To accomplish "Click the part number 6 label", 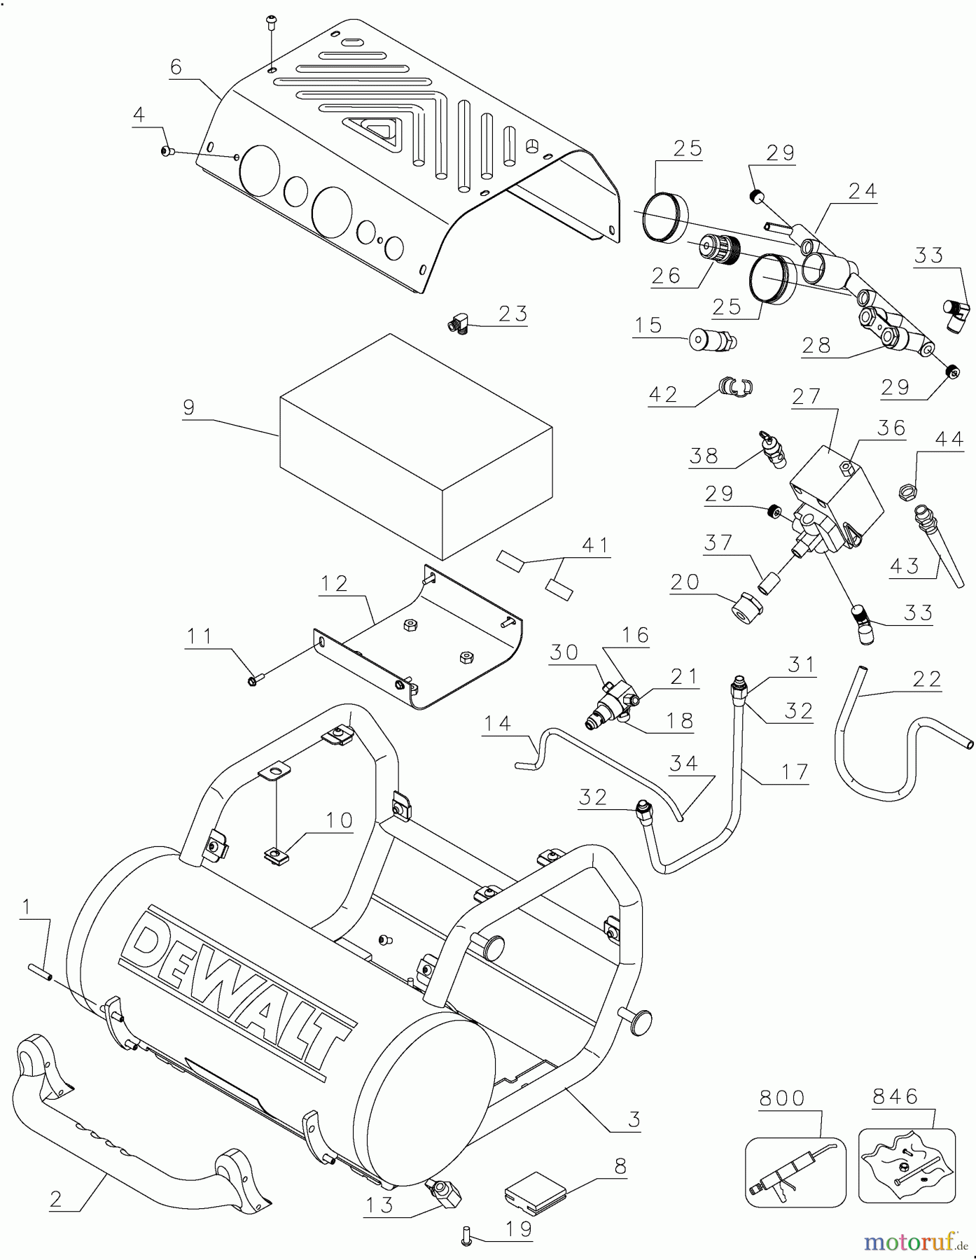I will tap(176, 67).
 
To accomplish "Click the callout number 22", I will tap(927, 678).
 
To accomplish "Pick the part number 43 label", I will tap(905, 566).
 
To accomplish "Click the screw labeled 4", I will tap(167, 150).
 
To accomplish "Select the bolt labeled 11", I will tap(255, 678).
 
